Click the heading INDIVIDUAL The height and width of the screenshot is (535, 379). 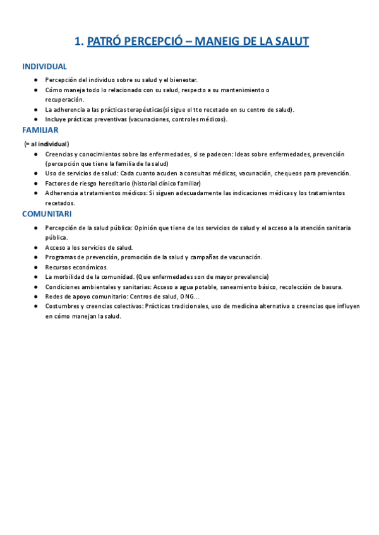coord(44,66)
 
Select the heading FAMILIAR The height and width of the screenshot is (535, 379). coord(40,130)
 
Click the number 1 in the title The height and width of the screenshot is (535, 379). coord(78,42)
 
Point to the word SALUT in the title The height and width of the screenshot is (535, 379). coord(289,42)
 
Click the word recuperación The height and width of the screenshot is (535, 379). coord(64,100)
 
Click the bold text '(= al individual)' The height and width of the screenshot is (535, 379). coord(47,144)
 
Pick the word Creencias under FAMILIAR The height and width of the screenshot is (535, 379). coord(59,154)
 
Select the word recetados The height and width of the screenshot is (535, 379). coord(60,203)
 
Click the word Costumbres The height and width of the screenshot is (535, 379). coord(63,307)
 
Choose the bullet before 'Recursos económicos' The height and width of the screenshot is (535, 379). coord(37,267)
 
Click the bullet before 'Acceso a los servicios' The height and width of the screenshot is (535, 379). coord(37,248)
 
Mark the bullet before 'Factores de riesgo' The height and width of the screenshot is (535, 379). coord(37,183)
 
